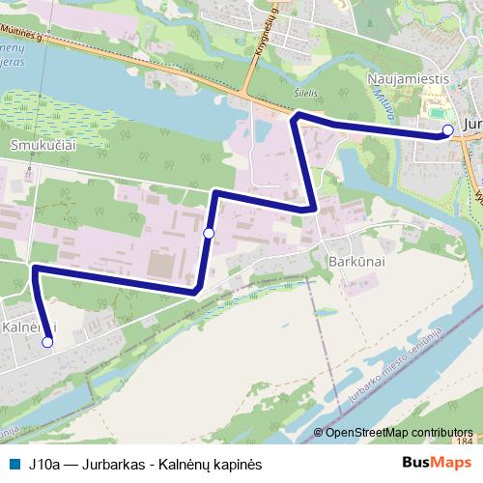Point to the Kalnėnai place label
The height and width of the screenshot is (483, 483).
29,327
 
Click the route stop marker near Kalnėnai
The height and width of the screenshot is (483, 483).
47,341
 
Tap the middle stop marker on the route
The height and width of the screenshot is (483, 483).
209,233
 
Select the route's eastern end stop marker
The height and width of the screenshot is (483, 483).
446,130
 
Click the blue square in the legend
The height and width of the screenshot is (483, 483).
14,464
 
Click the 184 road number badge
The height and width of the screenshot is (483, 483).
466,440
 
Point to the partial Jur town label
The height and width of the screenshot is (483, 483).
472,126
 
